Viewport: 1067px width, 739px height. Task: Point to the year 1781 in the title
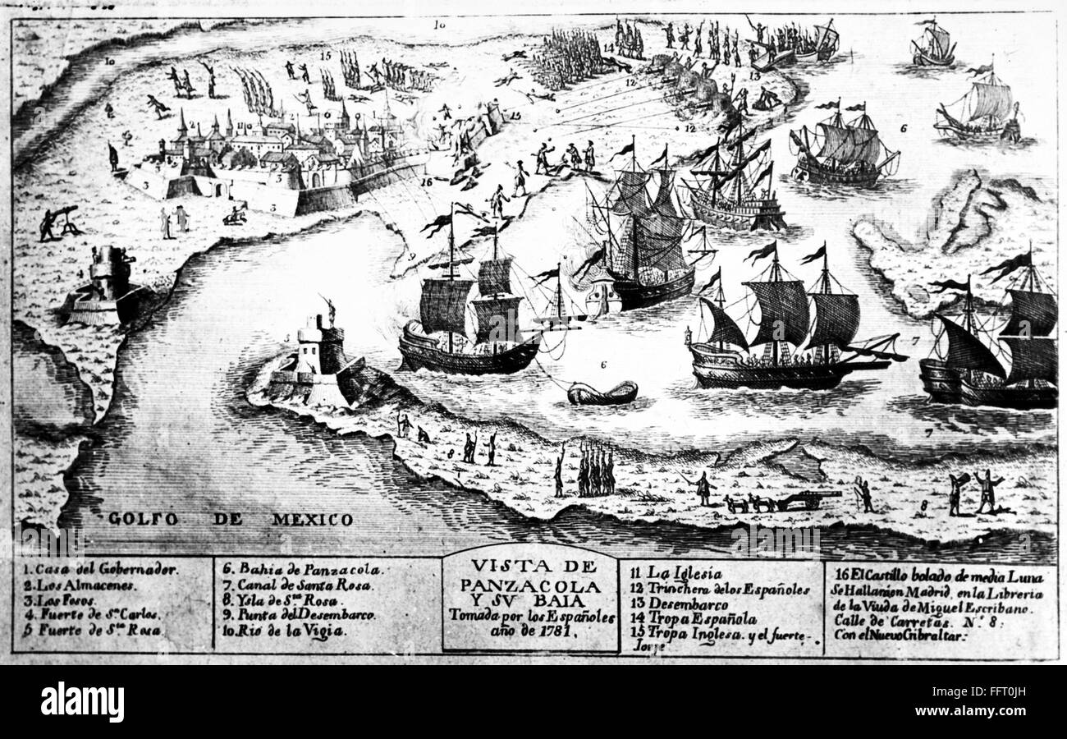(x=556, y=632)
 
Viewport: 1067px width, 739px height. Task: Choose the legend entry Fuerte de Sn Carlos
(x=94, y=615)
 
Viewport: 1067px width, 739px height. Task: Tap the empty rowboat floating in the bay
(x=602, y=393)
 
